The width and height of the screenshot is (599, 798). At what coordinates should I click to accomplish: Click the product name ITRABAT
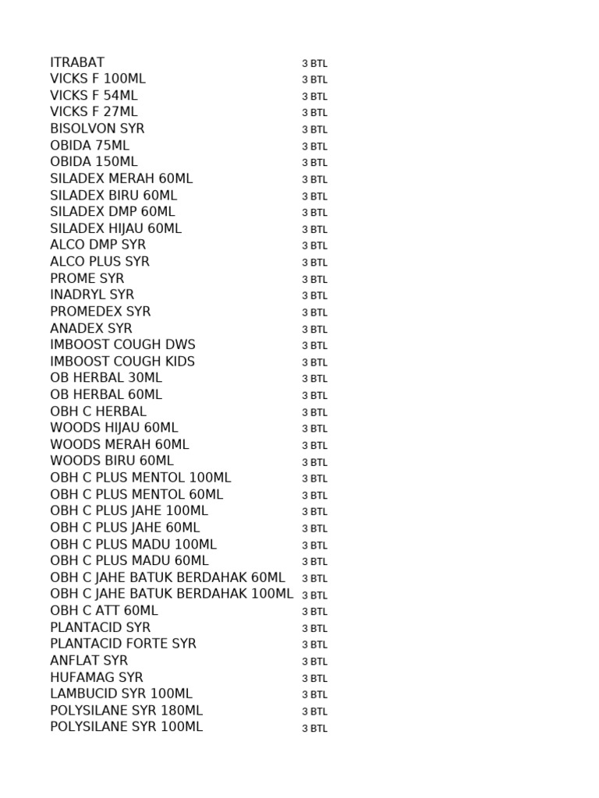click(x=77, y=62)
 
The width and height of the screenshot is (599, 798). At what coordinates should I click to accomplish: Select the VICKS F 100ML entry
click(x=97, y=79)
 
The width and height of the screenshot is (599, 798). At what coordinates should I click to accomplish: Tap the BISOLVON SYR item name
click(x=97, y=129)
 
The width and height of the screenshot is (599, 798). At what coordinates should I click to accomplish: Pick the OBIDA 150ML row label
click(x=94, y=162)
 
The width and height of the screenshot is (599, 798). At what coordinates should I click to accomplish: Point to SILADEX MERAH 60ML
click(x=121, y=178)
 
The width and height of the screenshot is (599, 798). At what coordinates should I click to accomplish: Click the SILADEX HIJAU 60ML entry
click(x=115, y=228)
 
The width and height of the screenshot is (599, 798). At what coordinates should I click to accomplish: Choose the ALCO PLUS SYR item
click(x=100, y=262)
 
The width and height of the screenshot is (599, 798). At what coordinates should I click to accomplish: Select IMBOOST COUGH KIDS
click(x=122, y=362)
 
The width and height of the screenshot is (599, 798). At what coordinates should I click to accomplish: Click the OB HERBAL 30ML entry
click(x=106, y=378)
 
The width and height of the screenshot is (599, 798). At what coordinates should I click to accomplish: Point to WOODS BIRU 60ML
click(x=112, y=461)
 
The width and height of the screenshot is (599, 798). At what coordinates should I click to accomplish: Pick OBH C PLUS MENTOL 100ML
click(x=140, y=478)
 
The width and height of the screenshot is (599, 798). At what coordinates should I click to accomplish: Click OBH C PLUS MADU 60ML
click(x=129, y=561)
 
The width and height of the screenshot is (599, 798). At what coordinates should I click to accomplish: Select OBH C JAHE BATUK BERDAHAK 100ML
click(x=172, y=594)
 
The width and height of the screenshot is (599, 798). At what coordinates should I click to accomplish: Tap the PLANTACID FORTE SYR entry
click(x=123, y=644)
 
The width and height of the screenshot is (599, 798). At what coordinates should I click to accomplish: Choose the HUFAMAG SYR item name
click(x=97, y=678)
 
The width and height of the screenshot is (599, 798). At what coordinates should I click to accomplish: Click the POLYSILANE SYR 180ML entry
click(x=126, y=711)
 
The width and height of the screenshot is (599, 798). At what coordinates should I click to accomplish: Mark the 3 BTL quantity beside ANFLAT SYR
click(x=314, y=662)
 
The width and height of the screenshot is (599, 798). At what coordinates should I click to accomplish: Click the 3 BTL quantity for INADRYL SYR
click(x=314, y=295)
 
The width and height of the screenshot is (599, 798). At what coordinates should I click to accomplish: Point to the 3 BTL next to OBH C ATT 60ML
click(x=314, y=612)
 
